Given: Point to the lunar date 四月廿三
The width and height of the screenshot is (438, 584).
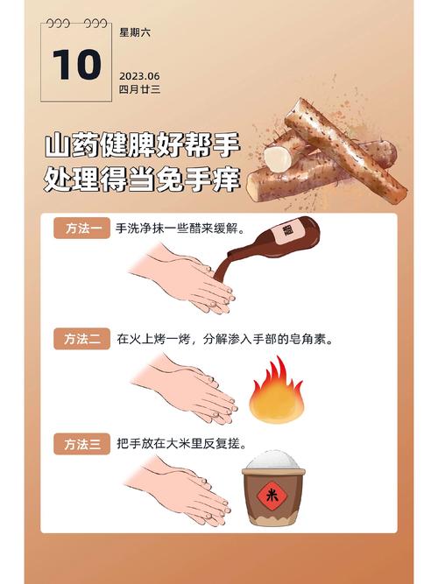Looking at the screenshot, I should click(x=139, y=89).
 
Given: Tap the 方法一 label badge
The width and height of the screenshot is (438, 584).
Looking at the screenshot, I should click(x=81, y=229).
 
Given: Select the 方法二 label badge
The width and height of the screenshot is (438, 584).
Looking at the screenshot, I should click(x=81, y=339).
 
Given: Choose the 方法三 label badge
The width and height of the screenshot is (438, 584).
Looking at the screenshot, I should click(x=81, y=444).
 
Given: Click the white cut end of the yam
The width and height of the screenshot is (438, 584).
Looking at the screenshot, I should click(x=279, y=158).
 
